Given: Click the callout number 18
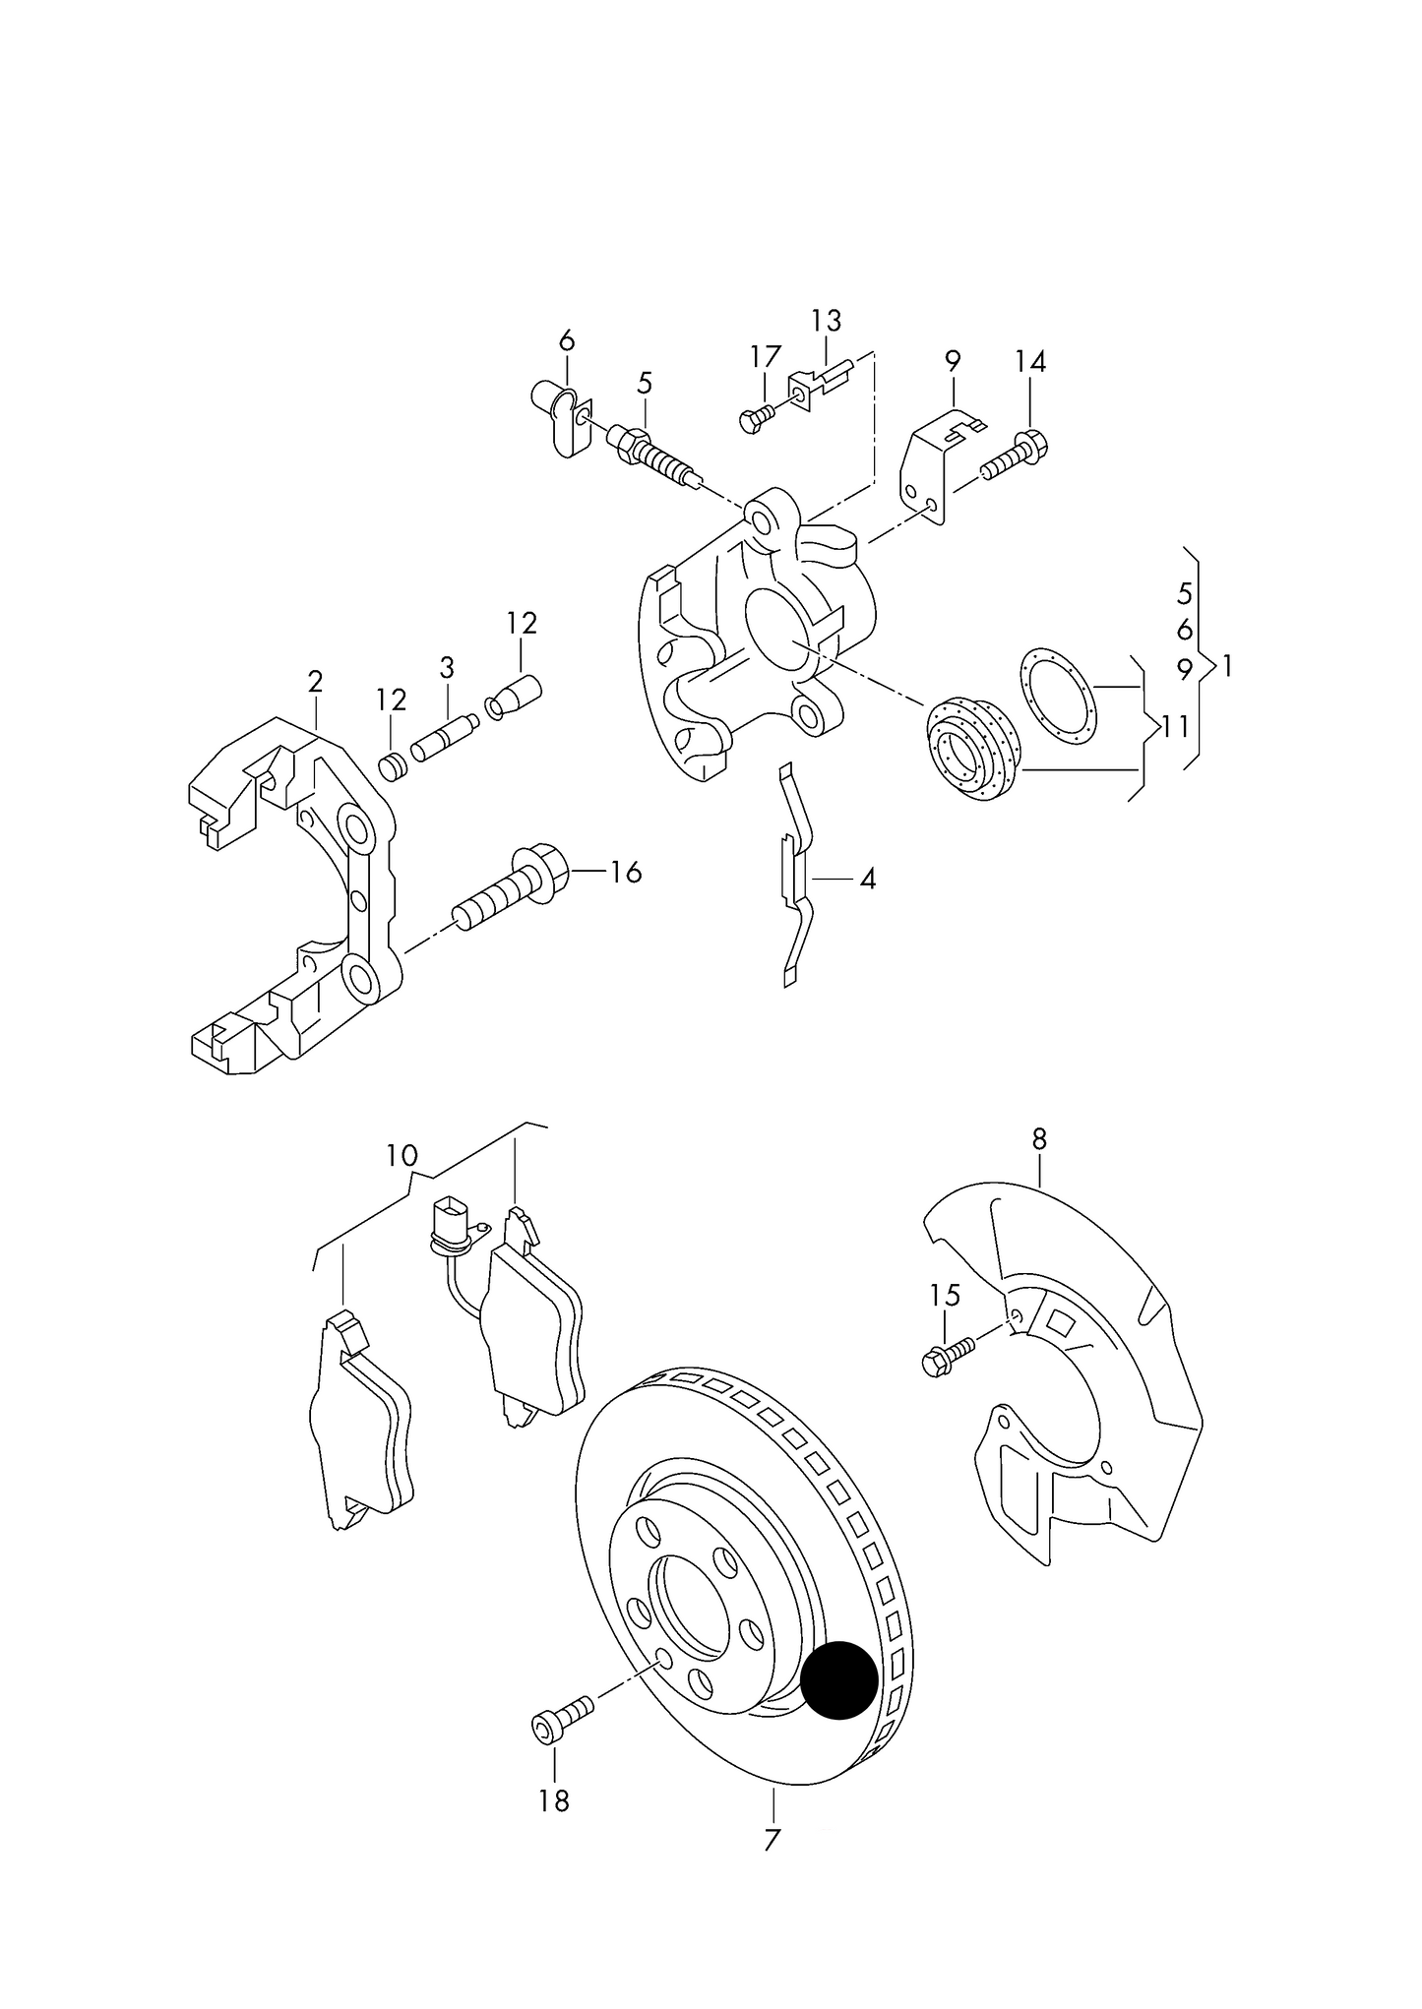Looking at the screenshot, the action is click(x=554, y=1800).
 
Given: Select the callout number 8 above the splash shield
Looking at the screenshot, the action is click(x=1039, y=1139).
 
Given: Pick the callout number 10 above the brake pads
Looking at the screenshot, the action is click(x=402, y=1155).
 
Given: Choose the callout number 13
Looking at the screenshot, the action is click(x=827, y=321).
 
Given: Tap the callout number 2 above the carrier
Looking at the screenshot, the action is click(x=315, y=681).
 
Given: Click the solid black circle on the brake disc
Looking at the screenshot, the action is click(x=838, y=1680).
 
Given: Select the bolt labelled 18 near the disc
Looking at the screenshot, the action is click(x=562, y=1722).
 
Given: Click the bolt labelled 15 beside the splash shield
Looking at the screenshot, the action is click(x=948, y=1352).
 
